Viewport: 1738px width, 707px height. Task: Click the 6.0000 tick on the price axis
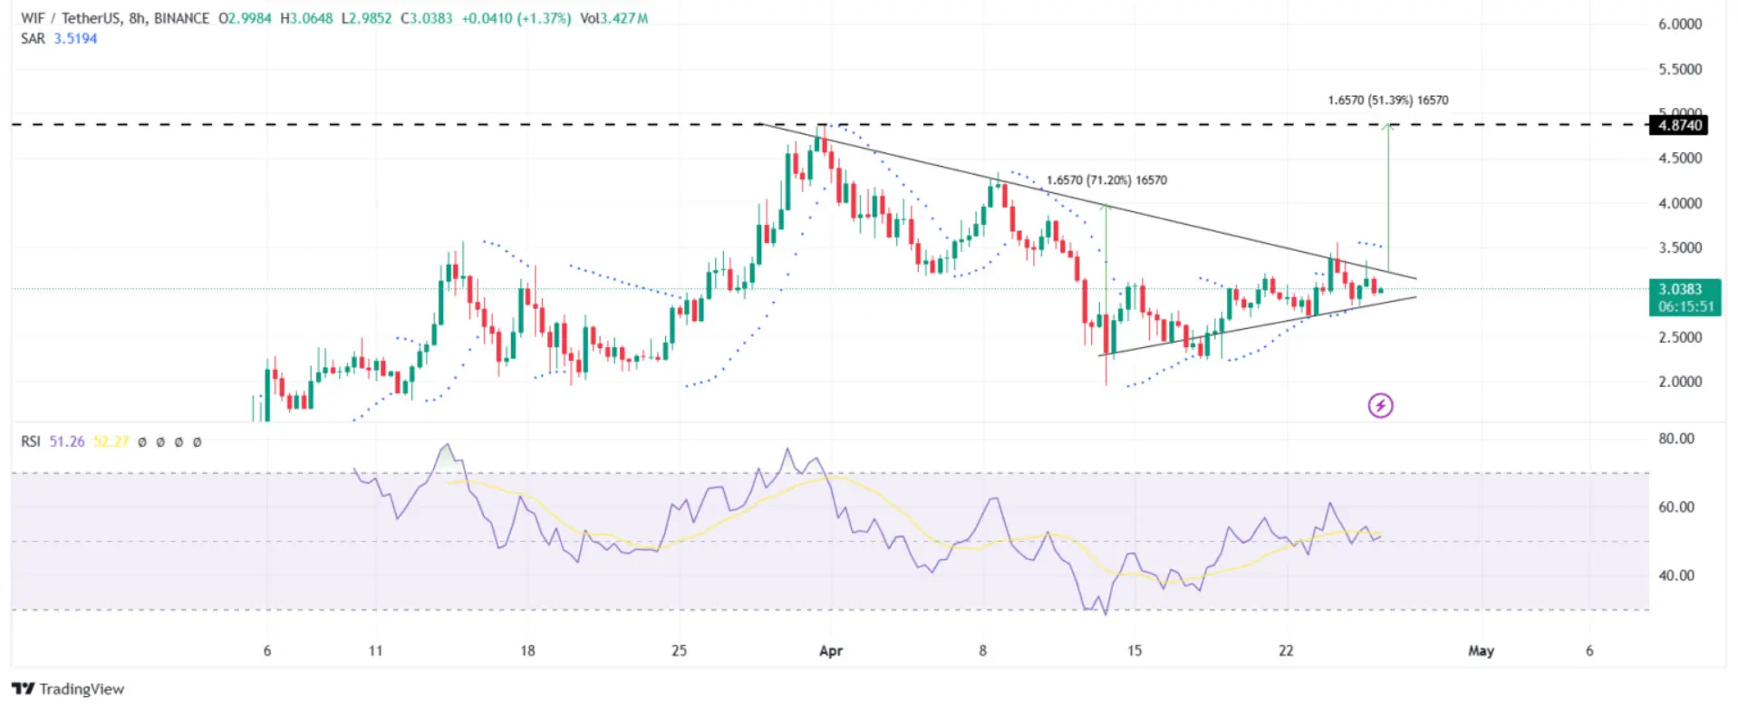coord(1680,24)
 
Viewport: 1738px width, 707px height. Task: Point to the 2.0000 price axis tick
coord(1680,382)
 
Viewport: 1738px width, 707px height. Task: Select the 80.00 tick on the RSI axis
coord(1675,439)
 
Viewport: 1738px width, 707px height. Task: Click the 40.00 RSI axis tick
coord(1675,576)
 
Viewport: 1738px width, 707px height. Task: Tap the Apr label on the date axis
coord(830,651)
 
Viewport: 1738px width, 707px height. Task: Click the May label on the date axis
coord(1481,651)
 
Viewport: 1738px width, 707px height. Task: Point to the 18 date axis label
coord(527,651)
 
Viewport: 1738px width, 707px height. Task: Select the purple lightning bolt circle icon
coord(1380,405)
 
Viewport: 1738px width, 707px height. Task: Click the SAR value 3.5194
coord(75,39)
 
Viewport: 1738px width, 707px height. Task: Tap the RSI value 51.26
coord(66,441)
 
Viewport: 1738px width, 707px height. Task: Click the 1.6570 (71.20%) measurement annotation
coord(1106,180)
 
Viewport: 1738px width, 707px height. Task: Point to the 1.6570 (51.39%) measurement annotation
coord(1387,101)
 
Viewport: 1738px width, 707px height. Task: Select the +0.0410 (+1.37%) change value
coord(516,18)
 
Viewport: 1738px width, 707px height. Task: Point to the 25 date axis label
coord(679,651)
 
